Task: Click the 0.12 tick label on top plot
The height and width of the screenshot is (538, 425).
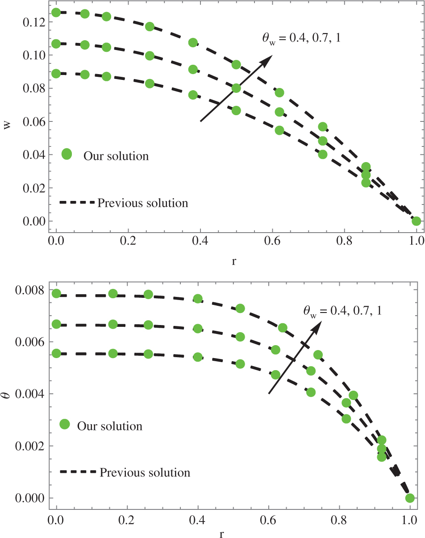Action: (x=31, y=22)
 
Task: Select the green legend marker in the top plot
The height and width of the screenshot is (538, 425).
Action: (x=67, y=154)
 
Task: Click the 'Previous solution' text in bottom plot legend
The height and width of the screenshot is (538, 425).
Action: (x=145, y=472)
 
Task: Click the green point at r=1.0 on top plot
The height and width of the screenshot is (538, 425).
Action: (x=416, y=221)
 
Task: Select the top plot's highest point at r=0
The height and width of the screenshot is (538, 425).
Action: (x=56, y=13)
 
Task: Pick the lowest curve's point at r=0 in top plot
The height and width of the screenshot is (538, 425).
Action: (x=56, y=74)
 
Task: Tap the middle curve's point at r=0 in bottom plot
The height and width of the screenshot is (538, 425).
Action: (x=56, y=324)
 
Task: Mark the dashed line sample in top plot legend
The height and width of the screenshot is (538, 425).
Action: (x=77, y=203)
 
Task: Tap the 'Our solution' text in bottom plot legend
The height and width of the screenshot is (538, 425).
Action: (x=109, y=426)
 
